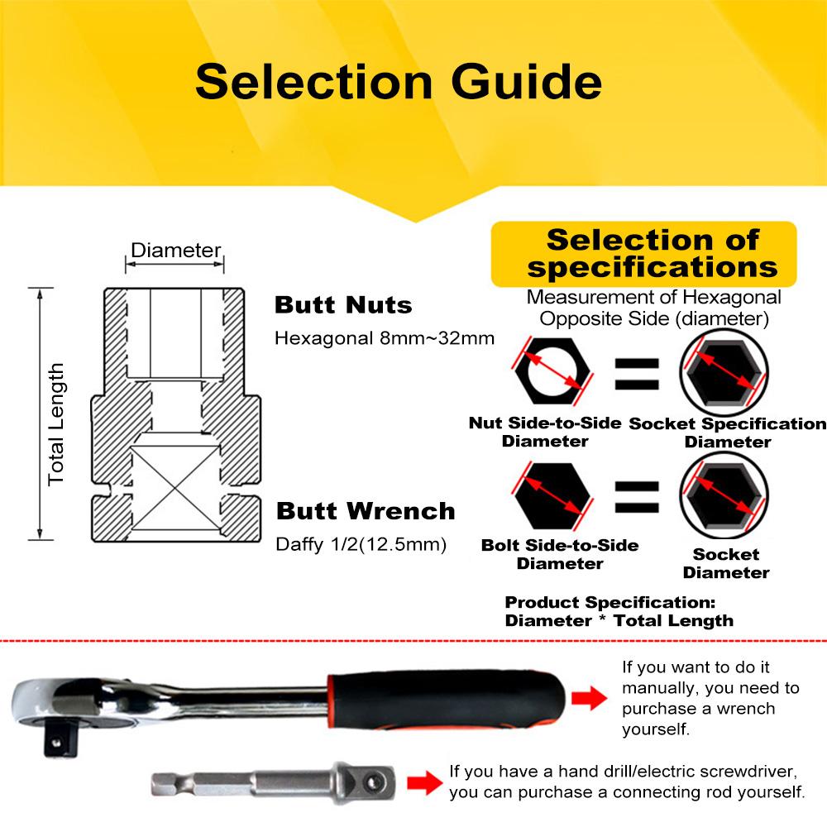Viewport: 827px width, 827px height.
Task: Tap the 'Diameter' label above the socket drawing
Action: click(x=175, y=250)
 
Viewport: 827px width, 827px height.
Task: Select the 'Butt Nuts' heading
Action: click(x=342, y=305)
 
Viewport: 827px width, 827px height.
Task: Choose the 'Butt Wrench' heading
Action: click(x=365, y=510)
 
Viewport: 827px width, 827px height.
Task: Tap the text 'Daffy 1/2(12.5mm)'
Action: click(x=361, y=544)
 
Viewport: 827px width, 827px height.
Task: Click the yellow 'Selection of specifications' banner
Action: click(x=645, y=254)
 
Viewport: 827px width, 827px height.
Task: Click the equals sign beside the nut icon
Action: click(x=636, y=374)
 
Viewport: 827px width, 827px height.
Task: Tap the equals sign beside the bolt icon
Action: click(x=636, y=497)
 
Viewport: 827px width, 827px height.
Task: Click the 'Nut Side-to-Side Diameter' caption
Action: click(x=545, y=432)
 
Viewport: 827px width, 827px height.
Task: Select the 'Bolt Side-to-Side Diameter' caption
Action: click(x=560, y=554)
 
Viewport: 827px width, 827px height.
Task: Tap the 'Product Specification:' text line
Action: click(x=609, y=602)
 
